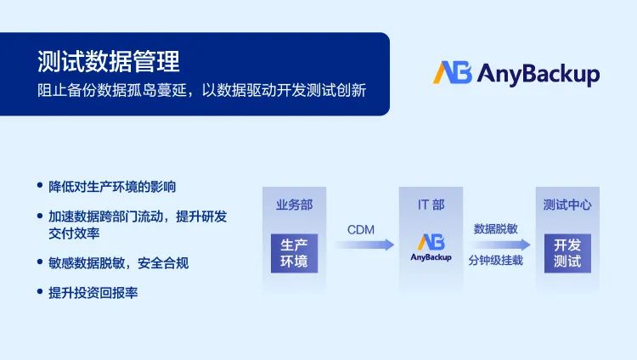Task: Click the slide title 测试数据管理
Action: coord(109,61)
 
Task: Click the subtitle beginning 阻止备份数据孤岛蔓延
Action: coord(202,90)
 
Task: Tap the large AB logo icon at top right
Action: coord(453,73)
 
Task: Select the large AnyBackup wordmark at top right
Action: coord(538,75)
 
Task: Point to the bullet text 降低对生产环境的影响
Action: coord(112,187)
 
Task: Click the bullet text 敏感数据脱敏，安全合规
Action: coord(119,263)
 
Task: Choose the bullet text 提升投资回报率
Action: coord(93,293)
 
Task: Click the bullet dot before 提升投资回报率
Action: coord(40,291)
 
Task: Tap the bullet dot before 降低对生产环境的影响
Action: coord(40,185)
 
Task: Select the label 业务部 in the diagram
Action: coord(294,205)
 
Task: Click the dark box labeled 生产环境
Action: coord(294,253)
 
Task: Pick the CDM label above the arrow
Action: coord(361,230)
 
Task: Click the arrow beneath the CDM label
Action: coord(364,245)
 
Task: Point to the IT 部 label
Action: coord(431,205)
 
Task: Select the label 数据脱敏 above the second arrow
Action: coord(496,228)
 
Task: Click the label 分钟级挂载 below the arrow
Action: coord(496,260)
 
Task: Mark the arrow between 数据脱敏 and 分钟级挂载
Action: coord(500,245)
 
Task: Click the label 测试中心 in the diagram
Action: coord(567,205)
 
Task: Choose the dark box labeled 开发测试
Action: coord(567,253)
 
